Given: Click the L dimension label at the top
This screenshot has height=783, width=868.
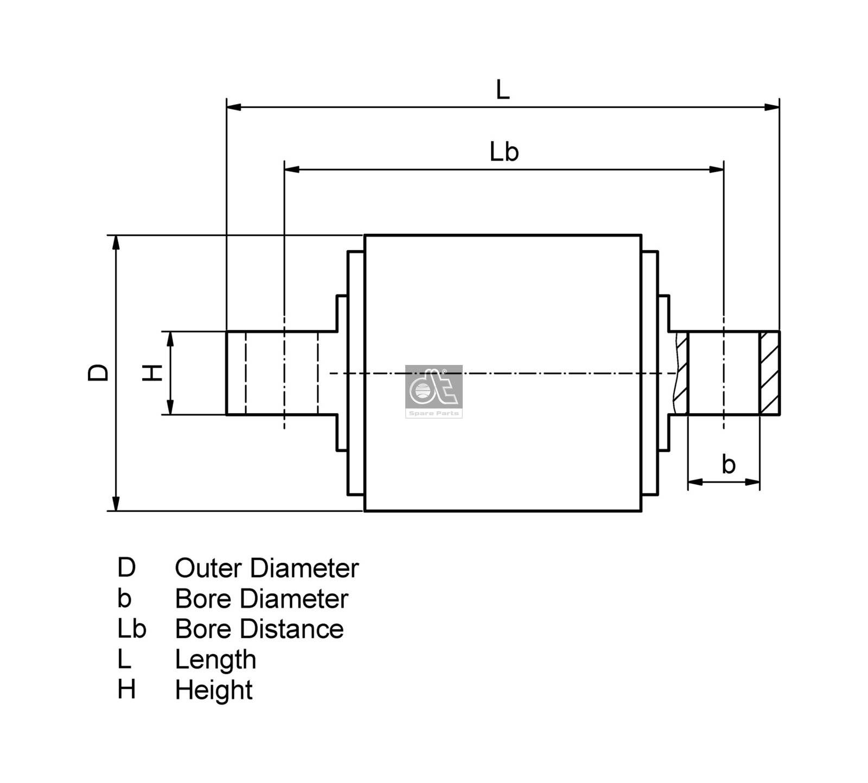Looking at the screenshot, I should [x=502, y=90].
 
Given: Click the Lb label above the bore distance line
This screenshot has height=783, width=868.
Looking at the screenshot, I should [x=504, y=152].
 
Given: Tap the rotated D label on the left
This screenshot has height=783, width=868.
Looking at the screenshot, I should [x=98, y=373].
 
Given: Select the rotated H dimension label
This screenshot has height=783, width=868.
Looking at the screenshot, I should [x=152, y=373].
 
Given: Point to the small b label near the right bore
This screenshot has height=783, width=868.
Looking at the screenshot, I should [x=728, y=465].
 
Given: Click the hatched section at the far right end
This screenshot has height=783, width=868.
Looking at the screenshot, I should [x=769, y=373].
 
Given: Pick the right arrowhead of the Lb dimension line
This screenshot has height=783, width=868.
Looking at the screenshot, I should [x=716, y=169].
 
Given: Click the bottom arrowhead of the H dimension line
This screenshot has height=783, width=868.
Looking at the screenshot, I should [x=170, y=407].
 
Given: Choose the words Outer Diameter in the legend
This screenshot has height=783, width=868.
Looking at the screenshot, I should [x=266, y=568].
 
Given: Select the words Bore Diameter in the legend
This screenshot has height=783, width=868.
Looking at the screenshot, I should [x=261, y=599].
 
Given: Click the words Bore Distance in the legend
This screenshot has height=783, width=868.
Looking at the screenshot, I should [x=259, y=629].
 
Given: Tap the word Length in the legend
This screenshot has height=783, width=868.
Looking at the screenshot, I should [x=215, y=659].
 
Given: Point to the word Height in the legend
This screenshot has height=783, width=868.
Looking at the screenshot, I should [x=213, y=690].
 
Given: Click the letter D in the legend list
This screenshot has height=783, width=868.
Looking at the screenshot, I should [x=126, y=568].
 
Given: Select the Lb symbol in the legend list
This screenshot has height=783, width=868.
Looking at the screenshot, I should [x=131, y=629].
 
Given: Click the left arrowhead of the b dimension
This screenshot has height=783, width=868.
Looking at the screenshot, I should [x=695, y=482].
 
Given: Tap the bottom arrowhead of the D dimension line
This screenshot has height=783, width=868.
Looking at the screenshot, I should [x=116, y=503].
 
